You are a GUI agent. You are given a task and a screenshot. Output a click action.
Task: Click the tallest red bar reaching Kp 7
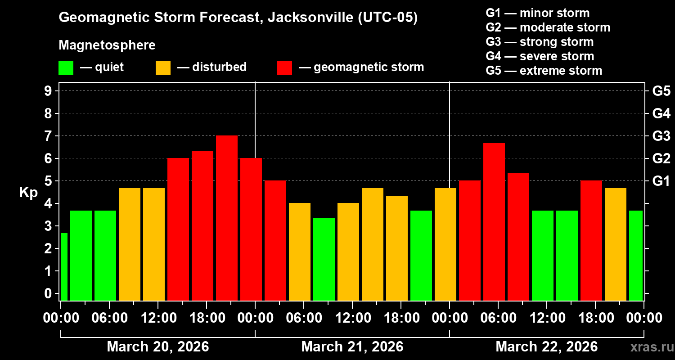pos(227,218)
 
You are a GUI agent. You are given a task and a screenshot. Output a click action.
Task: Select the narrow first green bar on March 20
pos(64,266)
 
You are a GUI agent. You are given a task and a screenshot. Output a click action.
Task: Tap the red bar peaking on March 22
pos(494,221)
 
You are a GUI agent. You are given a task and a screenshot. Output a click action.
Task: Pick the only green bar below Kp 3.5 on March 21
pos(324,259)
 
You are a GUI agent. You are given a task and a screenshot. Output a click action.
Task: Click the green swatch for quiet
pos(66,68)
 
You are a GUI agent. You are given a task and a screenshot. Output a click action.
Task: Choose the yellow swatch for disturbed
pos(163,68)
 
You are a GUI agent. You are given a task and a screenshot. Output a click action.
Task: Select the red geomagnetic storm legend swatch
pos(284,68)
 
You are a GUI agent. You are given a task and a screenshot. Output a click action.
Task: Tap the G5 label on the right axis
pos(661,91)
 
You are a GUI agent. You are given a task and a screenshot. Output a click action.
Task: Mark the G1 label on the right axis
pos(661,181)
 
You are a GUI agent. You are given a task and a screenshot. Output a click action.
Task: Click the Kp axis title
pos(28,193)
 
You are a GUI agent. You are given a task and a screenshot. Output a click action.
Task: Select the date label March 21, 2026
pos(352,346)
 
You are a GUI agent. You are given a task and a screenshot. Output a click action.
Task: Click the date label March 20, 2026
pos(157,346)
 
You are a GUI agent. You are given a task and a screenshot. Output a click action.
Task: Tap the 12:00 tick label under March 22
pos(546,318)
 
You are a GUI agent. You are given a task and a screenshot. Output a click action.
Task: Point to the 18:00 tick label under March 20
pos(206,318)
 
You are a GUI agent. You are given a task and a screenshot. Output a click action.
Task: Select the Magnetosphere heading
pos(107,45)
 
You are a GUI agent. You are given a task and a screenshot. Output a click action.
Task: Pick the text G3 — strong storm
pos(540,42)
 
